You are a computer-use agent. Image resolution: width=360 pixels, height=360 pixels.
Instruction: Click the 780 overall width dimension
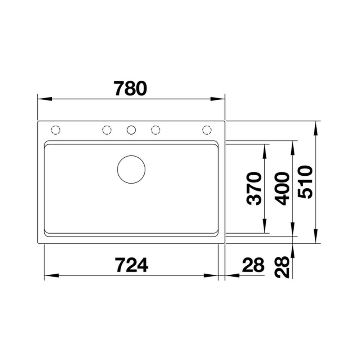(130, 89)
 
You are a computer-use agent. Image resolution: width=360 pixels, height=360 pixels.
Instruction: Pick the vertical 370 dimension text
(254, 189)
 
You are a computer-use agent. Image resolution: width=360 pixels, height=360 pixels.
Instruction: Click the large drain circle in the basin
(131, 170)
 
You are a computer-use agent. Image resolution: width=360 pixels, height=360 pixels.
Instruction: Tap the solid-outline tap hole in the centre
(131, 130)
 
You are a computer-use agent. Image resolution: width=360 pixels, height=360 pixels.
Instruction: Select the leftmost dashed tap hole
(55, 130)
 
